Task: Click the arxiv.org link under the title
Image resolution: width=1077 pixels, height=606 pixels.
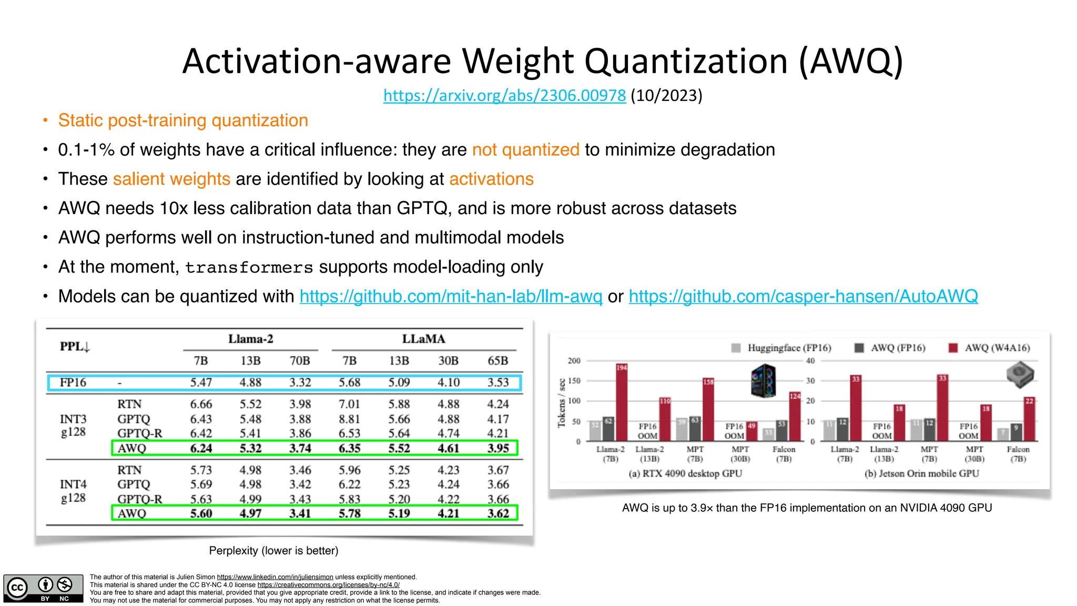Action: click(x=504, y=96)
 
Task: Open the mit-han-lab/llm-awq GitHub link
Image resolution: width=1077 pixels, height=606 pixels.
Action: click(x=451, y=296)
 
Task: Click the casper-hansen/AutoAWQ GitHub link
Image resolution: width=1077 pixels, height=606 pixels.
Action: click(x=803, y=296)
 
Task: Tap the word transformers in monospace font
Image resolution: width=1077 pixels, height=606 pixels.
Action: click(x=249, y=268)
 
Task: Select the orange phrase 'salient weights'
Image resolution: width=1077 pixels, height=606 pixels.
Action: click(x=171, y=179)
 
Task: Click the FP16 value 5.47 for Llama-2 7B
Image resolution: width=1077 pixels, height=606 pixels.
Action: click(x=201, y=382)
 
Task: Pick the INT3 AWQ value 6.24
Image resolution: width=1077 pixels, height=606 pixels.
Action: click(x=201, y=448)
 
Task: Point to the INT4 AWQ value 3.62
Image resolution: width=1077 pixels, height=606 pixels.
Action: click(x=497, y=513)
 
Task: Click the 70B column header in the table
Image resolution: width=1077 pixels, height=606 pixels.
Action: click(x=300, y=361)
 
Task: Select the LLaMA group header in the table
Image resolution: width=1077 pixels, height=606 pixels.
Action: click(x=423, y=339)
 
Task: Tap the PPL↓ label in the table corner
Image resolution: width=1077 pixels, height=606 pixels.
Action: click(x=75, y=347)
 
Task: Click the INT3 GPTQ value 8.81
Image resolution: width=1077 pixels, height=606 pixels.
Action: click(x=349, y=419)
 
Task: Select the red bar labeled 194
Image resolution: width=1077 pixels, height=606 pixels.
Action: click(x=622, y=402)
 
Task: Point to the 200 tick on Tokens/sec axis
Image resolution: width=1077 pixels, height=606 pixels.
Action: click(x=574, y=361)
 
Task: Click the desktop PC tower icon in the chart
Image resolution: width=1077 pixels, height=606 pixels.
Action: click(x=764, y=380)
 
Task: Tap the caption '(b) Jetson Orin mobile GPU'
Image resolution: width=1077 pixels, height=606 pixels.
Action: click(x=921, y=473)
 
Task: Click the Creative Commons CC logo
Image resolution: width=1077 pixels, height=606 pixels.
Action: click(x=18, y=588)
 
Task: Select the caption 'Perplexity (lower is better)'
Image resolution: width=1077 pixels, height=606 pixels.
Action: click(x=273, y=551)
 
